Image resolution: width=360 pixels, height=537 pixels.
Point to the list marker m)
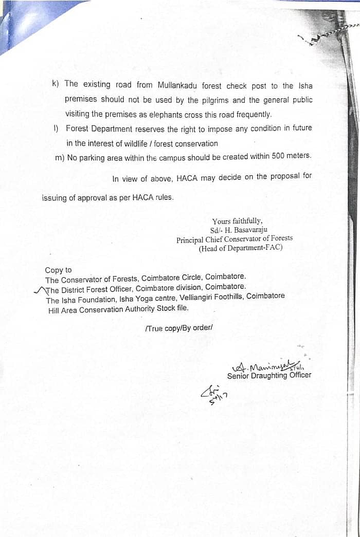pos(60,158)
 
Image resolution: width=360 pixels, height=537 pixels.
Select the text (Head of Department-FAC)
pos(241,248)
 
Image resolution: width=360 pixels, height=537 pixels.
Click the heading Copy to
pos(58,270)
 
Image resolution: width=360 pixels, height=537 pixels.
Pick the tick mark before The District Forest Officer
pos(39,290)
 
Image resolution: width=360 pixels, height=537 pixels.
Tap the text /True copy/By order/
pos(178,328)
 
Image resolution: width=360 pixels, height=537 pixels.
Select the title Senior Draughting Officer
pos(269,376)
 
